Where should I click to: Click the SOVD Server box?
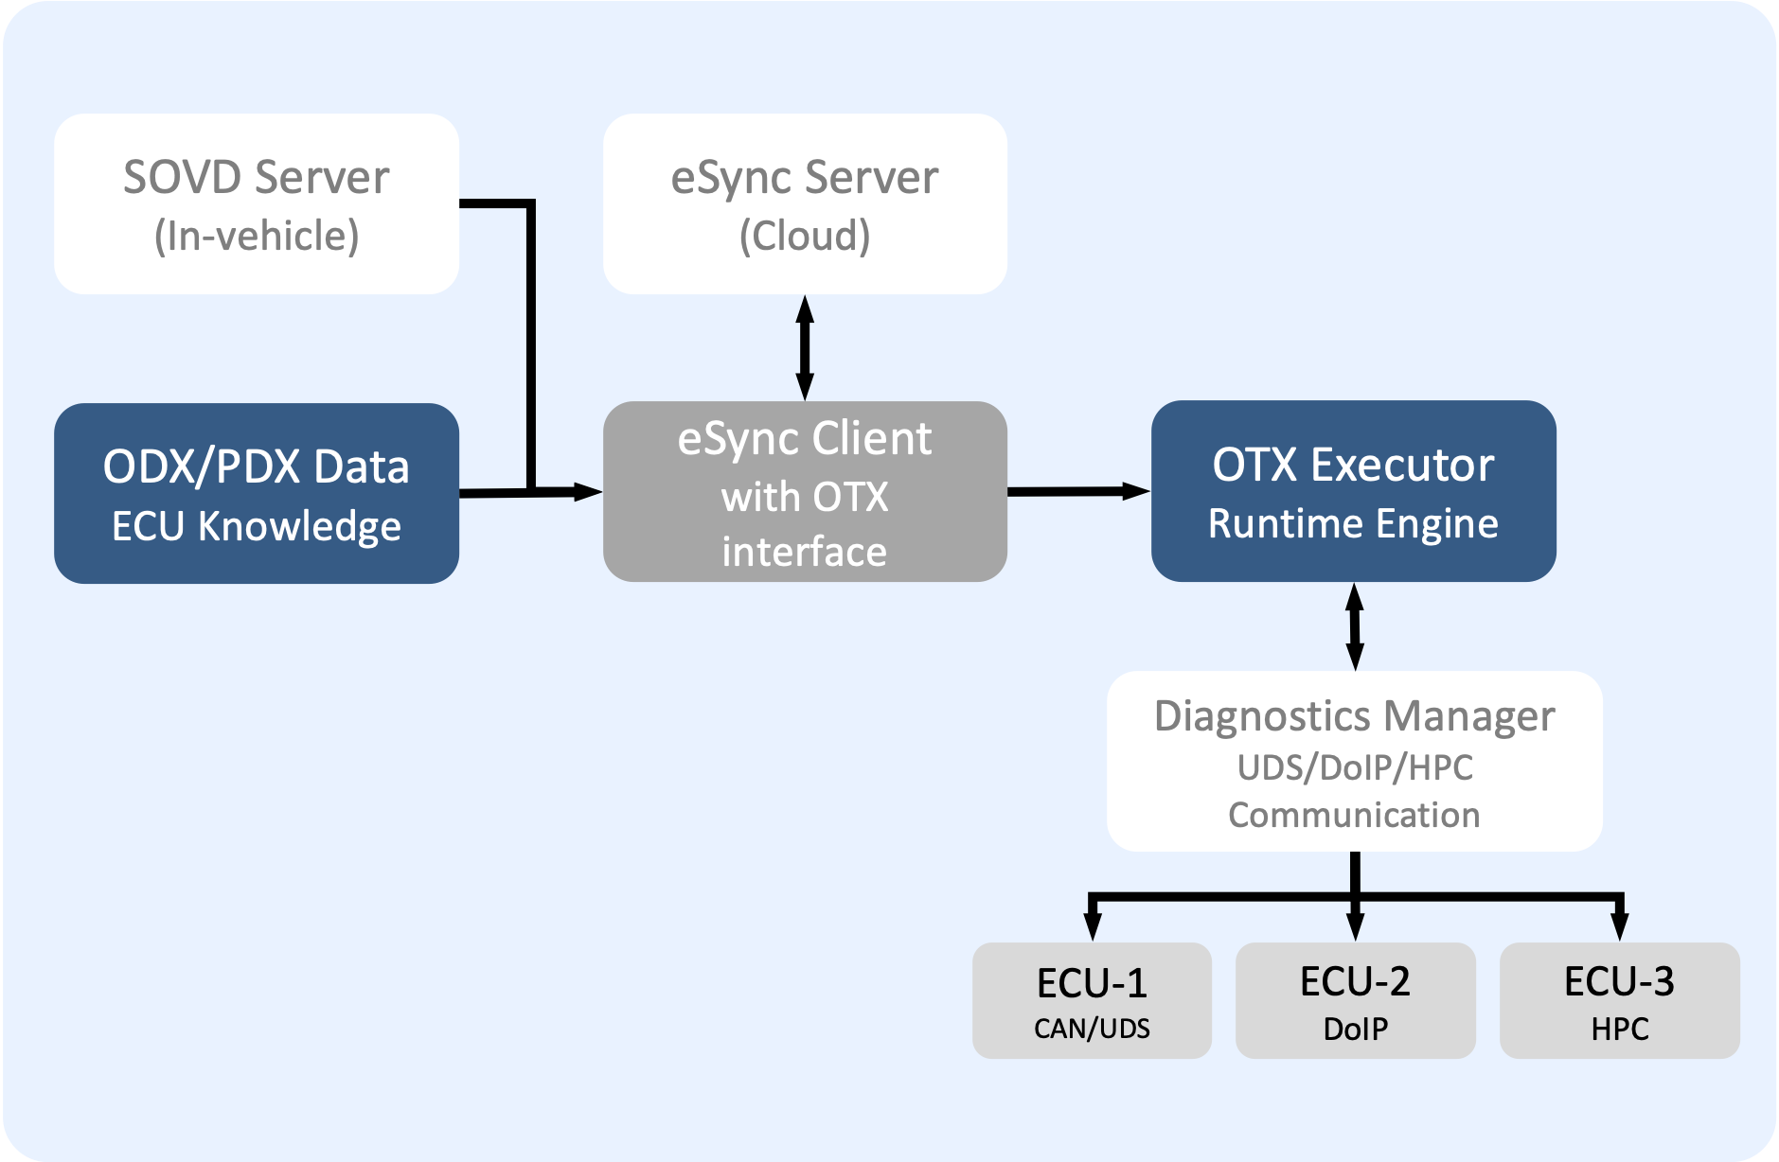pyautogui.click(x=256, y=203)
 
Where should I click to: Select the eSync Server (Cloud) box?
pyautogui.click(x=805, y=203)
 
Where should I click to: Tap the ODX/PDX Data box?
pyautogui.click(x=256, y=493)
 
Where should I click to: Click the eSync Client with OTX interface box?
pyautogui.click(x=805, y=491)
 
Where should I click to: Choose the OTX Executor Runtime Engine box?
pyautogui.click(x=1353, y=490)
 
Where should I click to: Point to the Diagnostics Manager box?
pyautogui.click(x=1354, y=761)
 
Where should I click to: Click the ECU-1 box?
pyautogui.click(x=1092, y=1000)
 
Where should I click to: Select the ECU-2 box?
pyautogui.click(x=1355, y=1000)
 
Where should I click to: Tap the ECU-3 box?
pyautogui.click(x=1619, y=1000)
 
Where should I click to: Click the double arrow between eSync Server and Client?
pyautogui.click(x=805, y=347)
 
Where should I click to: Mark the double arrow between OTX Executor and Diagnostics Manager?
pyautogui.click(x=1355, y=626)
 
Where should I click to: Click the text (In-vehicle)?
pyautogui.click(x=257, y=236)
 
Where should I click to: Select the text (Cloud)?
pyautogui.click(x=805, y=236)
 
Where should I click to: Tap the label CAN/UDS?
pyautogui.click(x=1092, y=1029)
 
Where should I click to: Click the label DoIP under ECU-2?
pyautogui.click(x=1355, y=1029)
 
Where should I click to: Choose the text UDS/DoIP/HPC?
pyautogui.click(x=1355, y=767)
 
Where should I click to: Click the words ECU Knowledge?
pyautogui.click(x=257, y=526)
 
